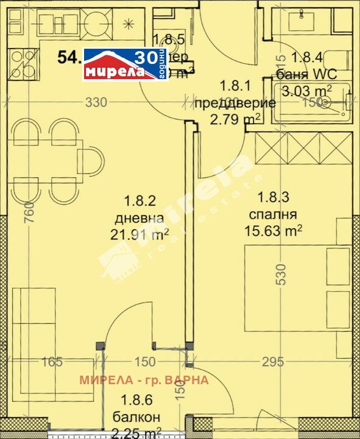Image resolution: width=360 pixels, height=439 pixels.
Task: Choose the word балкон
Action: tap(136, 417)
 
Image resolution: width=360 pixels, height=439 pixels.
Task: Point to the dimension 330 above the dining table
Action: tap(96, 102)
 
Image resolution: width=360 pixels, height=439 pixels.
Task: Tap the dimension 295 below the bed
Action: tap(272, 362)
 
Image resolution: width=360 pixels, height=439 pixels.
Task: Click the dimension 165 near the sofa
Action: tap(52, 362)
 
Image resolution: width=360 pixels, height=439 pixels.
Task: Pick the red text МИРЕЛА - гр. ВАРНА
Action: tap(144, 380)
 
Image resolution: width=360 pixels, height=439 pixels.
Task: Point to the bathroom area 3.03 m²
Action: tap(311, 91)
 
